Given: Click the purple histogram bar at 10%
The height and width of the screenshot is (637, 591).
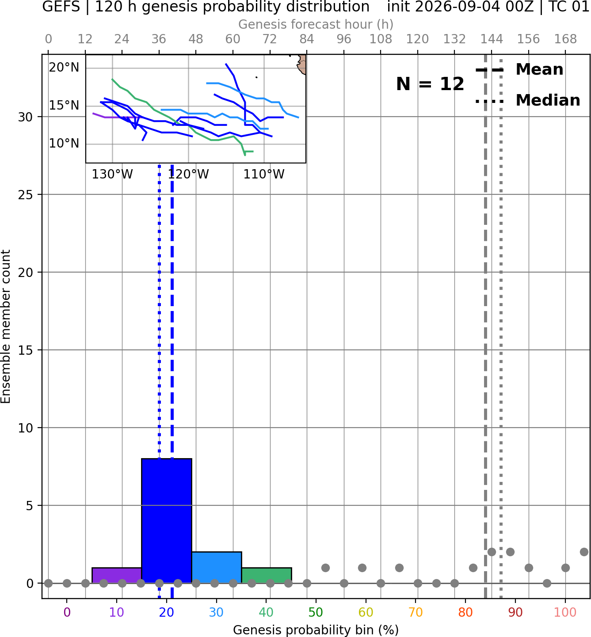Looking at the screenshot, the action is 117,575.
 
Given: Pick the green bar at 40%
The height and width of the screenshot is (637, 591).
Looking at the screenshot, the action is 267,575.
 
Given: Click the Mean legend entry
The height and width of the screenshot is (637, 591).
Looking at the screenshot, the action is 519,70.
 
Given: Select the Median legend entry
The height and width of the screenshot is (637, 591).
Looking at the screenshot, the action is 528,100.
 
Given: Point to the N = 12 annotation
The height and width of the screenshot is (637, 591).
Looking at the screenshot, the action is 430,84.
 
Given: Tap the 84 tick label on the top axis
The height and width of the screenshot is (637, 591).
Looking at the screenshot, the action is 307,39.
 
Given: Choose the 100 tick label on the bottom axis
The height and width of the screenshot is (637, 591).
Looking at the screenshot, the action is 565,612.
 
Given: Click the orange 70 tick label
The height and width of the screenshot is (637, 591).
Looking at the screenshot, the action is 416,612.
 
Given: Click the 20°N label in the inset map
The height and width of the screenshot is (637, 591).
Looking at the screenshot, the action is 64,67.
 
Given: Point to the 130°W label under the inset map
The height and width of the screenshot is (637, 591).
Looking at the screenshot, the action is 112,174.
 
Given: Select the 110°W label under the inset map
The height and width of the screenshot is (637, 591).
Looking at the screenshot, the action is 264,174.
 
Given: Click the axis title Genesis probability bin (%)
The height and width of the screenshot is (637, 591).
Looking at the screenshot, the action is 316,629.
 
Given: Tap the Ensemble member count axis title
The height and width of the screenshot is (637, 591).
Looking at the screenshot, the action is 6,326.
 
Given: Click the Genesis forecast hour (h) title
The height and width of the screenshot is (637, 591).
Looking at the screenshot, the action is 316,24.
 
